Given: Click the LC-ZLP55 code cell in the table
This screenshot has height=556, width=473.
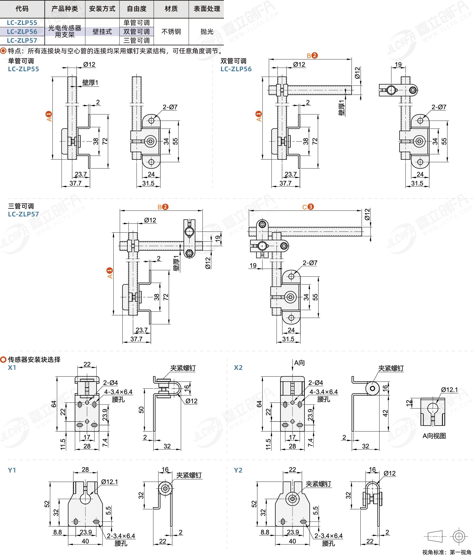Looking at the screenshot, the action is click(x=22, y=23).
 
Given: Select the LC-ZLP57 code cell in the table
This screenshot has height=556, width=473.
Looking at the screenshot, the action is click(x=22, y=41).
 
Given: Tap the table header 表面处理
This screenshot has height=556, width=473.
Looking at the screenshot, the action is click(x=207, y=9).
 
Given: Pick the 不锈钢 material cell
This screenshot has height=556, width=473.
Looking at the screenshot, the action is click(x=171, y=32).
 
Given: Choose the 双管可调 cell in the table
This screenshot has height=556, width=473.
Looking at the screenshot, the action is click(x=137, y=32).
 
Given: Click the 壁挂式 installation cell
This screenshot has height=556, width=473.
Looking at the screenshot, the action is click(x=102, y=32).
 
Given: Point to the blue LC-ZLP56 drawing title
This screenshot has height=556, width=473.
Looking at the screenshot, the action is click(x=236, y=69).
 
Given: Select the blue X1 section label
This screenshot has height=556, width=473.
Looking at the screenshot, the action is click(x=12, y=367).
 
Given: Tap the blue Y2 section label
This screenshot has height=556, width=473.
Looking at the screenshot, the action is click(x=238, y=470).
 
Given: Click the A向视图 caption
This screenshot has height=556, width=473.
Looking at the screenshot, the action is click(x=434, y=436).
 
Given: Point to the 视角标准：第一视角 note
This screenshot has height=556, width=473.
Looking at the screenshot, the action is click(x=447, y=552).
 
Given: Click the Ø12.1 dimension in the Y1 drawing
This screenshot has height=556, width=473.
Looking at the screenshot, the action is click(x=110, y=482).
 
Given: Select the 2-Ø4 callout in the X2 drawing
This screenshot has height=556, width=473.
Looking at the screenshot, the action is click(x=316, y=383).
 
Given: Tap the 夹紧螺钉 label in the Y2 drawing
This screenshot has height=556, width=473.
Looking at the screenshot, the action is click(x=319, y=484).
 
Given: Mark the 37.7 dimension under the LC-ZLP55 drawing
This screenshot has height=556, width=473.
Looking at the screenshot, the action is click(x=76, y=183).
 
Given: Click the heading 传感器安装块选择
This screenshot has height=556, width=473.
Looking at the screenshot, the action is click(x=34, y=359).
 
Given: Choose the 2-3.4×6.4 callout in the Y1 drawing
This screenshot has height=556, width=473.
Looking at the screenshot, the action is click(x=121, y=536).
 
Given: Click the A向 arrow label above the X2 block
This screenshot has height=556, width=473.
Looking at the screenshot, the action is click(x=299, y=363).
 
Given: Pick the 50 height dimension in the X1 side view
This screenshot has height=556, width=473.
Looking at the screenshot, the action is click(x=141, y=410).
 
